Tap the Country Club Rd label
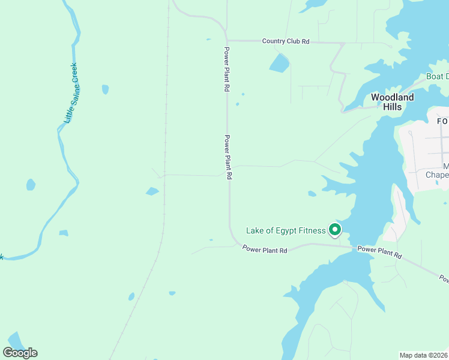(286, 41)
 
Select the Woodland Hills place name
(392, 102)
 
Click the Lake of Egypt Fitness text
(286, 230)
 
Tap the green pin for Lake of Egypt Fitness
(334, 230)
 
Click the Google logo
(20, 352)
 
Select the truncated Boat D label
(437, 76)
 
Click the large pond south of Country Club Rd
(279, 63)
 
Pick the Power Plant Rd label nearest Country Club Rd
(227, 69)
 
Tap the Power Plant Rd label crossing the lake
(379, 252)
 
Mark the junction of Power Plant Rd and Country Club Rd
(227, 40)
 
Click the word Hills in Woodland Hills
(392, 107)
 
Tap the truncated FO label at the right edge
(442, 121)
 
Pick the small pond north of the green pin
(312, 194)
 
